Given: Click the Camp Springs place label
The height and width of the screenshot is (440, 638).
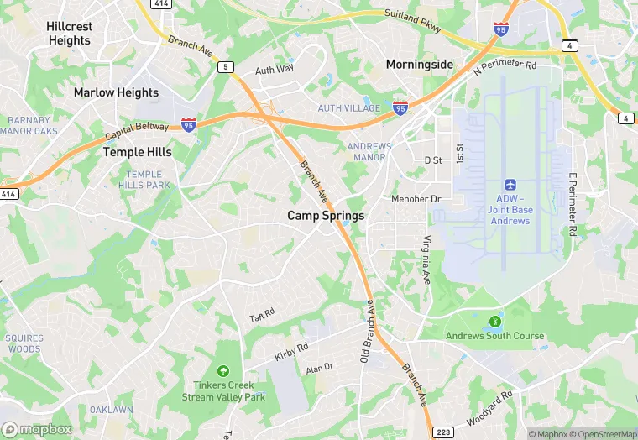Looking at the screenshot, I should [326, 216].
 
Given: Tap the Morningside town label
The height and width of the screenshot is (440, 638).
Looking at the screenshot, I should [419, 64].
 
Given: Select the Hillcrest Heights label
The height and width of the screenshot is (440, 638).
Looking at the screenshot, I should [70, 34].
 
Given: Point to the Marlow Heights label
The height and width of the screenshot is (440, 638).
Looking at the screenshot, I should [116, 92].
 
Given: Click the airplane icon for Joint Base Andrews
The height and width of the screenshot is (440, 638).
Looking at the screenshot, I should [510, 184].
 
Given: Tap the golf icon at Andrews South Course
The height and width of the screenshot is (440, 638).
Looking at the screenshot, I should [494, 321].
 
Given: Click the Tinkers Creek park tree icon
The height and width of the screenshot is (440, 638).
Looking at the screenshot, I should [222, 370].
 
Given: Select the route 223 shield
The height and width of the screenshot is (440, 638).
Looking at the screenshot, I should [443, 432].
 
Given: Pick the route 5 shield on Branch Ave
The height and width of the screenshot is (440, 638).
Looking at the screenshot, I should [224, 66].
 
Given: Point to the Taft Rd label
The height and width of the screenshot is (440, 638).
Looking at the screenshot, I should [262, 316].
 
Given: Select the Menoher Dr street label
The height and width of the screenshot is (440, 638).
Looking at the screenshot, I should [416, 199].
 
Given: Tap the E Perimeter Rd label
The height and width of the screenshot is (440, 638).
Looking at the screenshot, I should [573, 202].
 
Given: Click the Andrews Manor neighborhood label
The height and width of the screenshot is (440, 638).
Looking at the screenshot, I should [369, 152].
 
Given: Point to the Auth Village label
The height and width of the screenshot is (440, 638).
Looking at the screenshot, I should [348, 108].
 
